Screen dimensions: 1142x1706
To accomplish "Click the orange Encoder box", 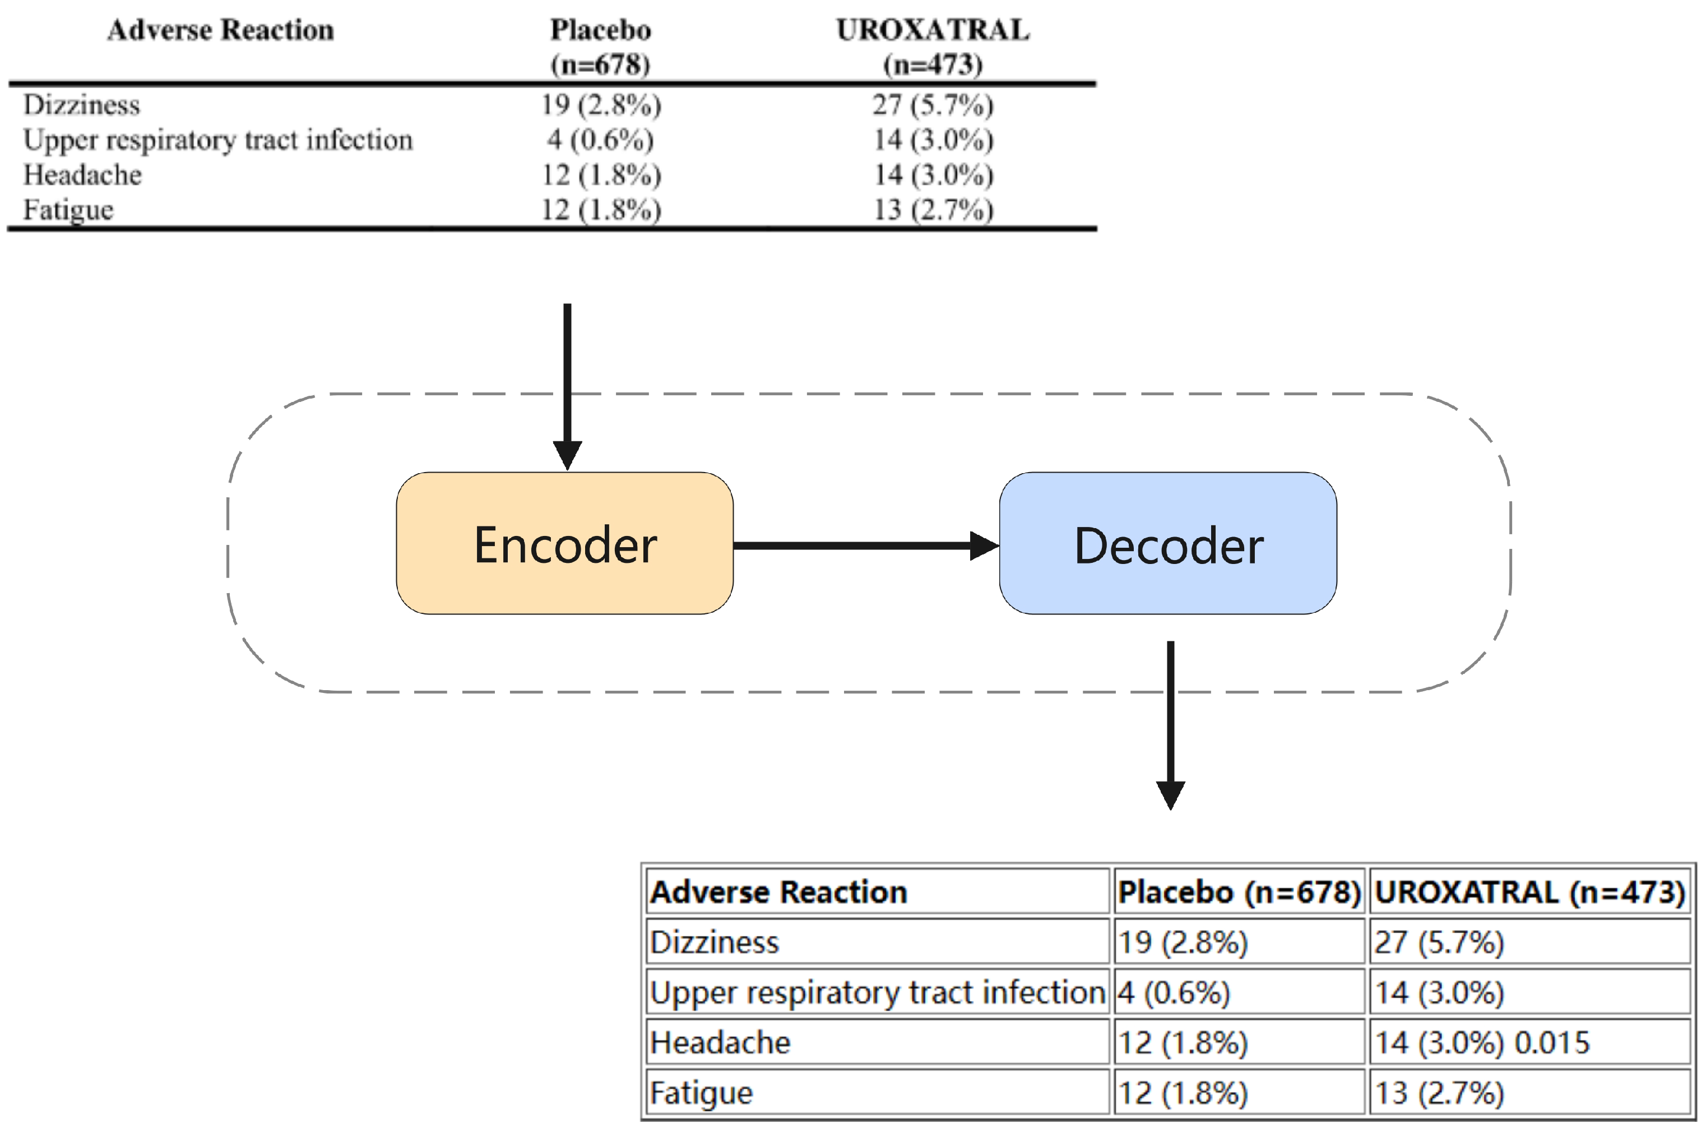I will point(564,543).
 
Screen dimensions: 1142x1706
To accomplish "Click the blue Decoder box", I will point(1167,543).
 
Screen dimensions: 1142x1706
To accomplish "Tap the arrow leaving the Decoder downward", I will point(1170,721).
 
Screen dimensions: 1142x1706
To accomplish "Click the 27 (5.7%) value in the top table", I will point(933,105).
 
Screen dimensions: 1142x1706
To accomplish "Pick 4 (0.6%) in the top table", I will point(600,140).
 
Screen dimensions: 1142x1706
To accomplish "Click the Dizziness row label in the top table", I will point(82,105).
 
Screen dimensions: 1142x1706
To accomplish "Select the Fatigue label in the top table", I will point(68,210).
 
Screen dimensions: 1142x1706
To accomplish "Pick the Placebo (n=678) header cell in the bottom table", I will point(1239,892).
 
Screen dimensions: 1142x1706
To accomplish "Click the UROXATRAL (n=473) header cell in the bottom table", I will point(1529,892).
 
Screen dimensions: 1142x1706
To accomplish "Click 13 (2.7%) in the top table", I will point(933,210).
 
